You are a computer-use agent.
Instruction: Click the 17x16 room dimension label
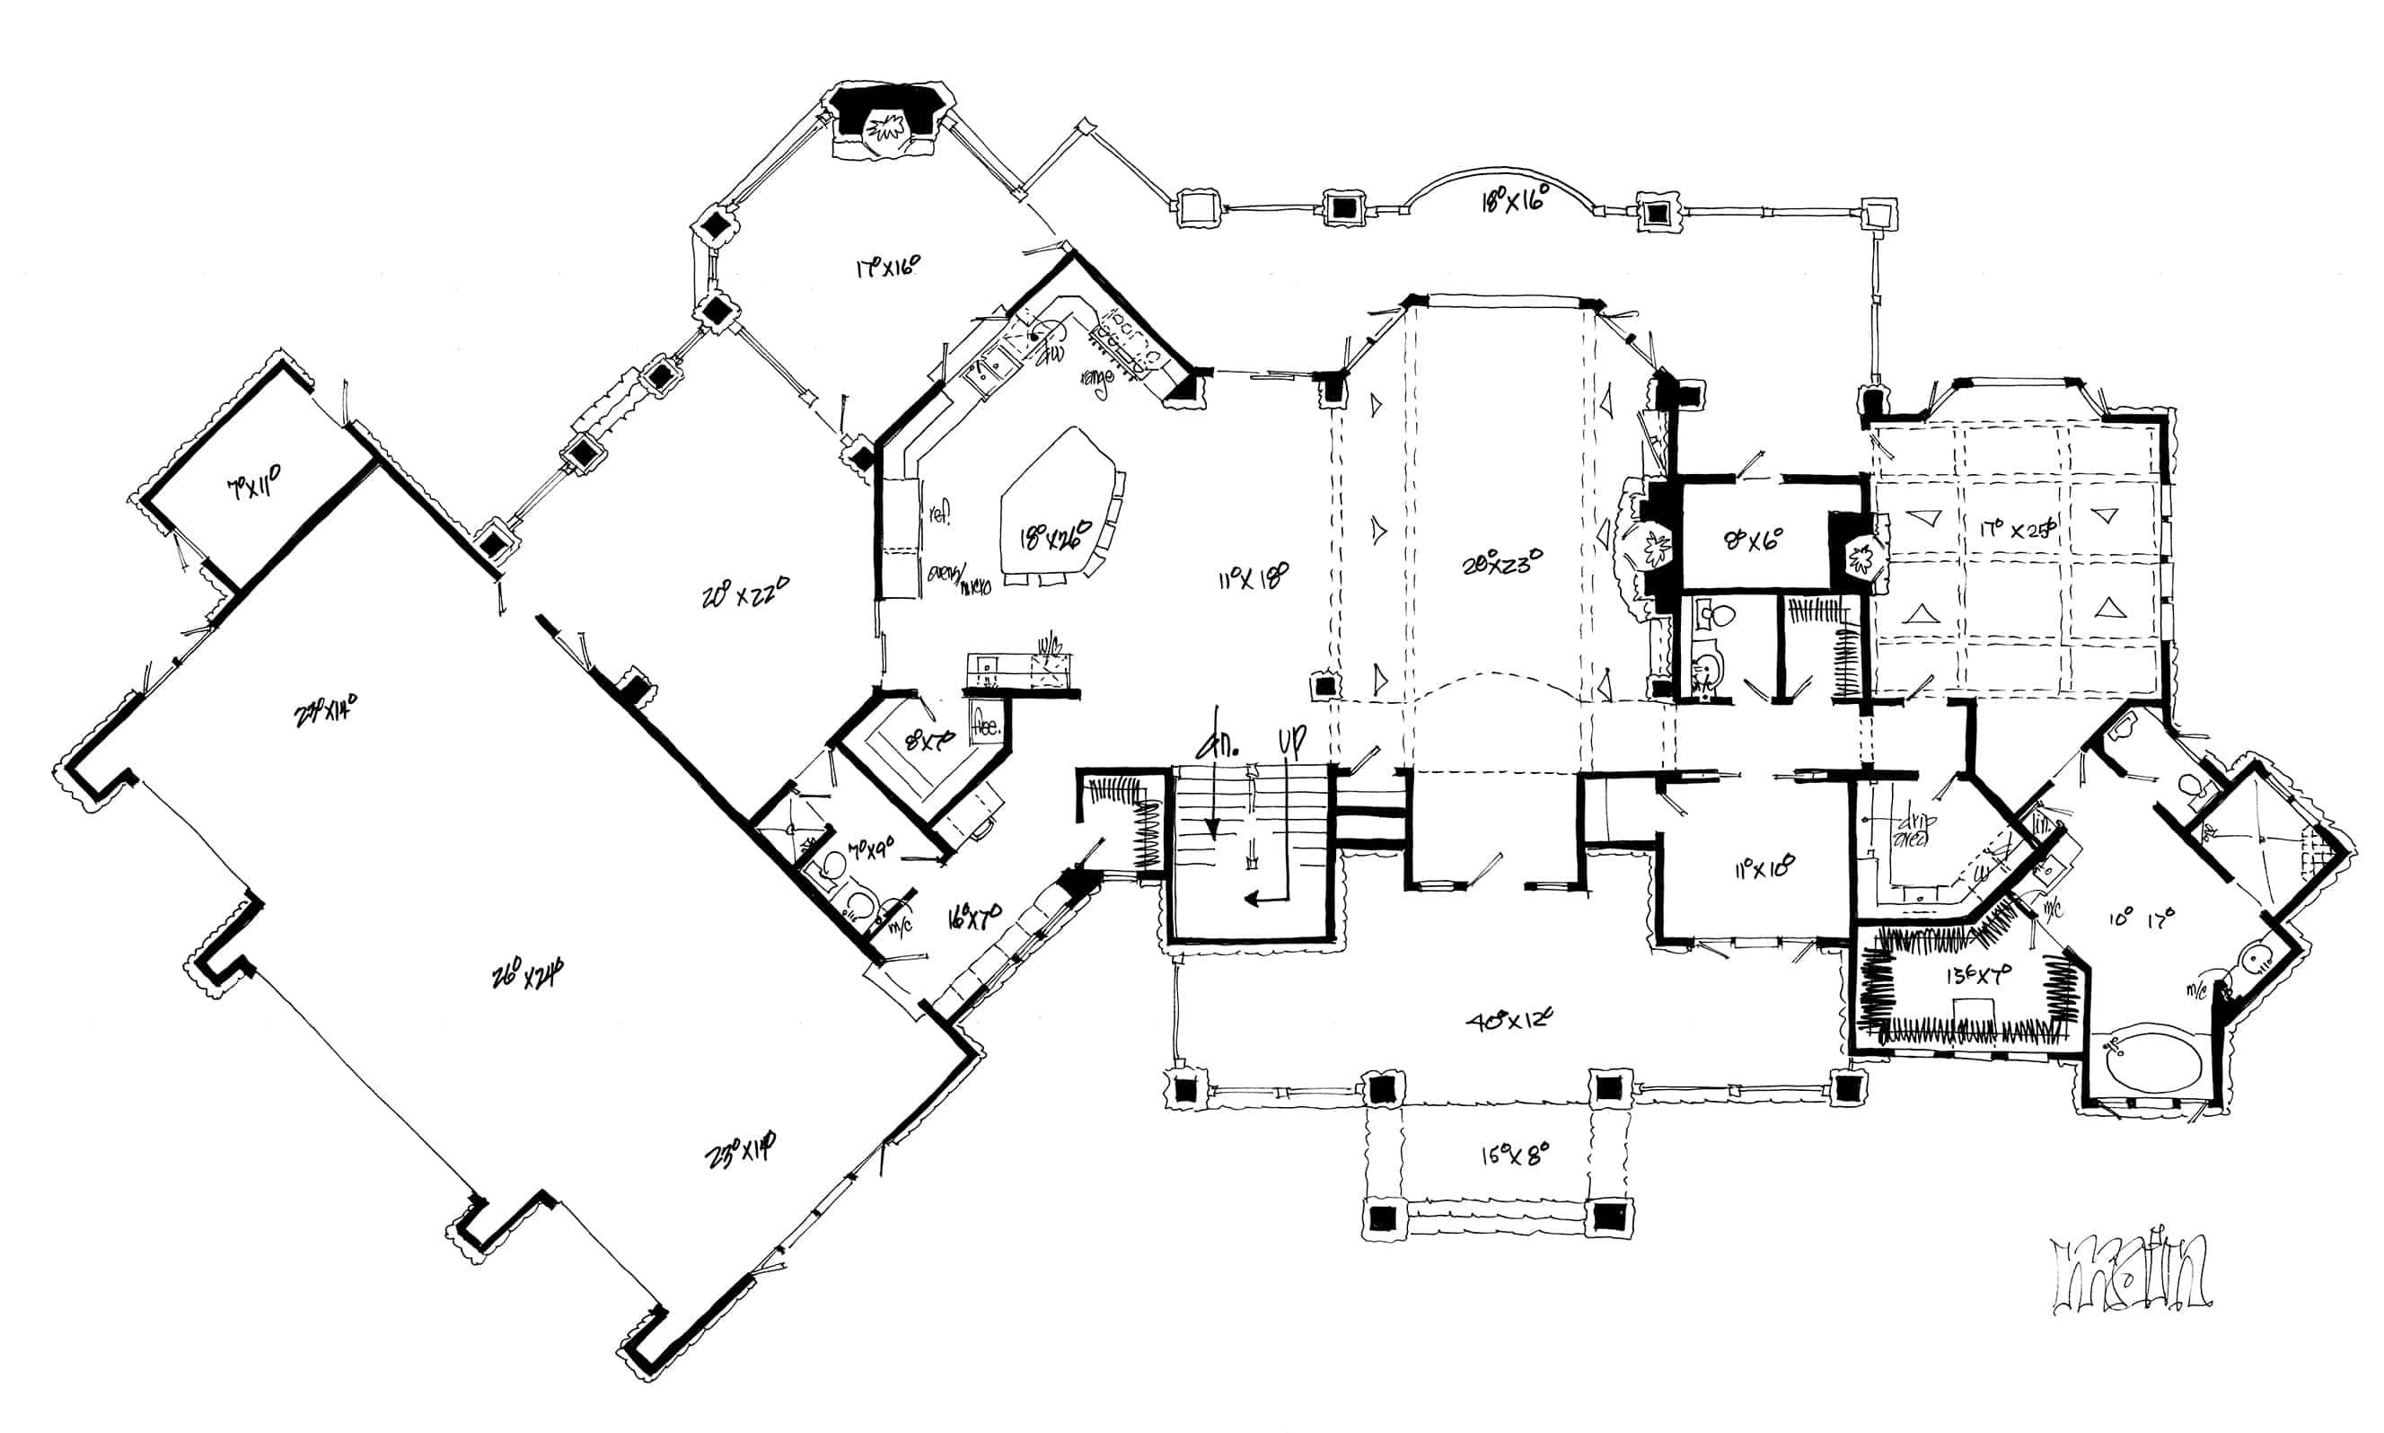886,266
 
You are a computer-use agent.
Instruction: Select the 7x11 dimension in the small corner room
254,486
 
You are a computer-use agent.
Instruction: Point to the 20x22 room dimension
745,592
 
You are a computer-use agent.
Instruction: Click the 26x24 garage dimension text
528,975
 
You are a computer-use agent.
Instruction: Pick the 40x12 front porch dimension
1509,1020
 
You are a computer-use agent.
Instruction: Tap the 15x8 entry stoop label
1514,1154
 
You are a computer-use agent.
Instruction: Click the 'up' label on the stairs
1292,742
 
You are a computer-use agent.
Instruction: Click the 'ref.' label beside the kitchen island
939,514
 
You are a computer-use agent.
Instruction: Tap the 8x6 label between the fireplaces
1753,538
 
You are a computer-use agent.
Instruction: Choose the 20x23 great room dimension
1501,562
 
